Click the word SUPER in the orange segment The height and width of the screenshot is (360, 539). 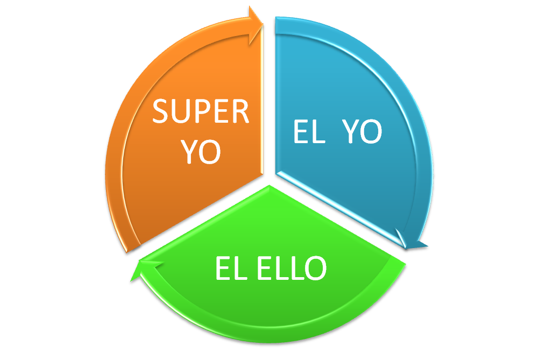tap(201, 111)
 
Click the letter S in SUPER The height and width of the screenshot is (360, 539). tap(161, 111)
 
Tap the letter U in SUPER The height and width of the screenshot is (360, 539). tap(181, 111)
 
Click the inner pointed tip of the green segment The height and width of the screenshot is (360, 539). tap(268, 186)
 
